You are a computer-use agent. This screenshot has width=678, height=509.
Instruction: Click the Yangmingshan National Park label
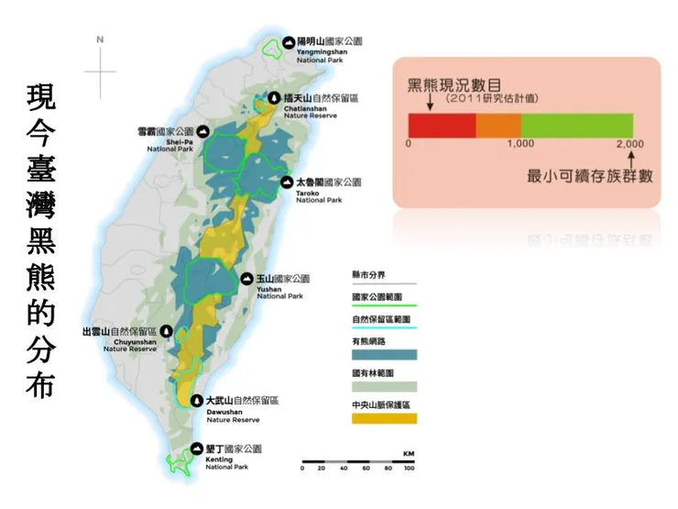(x=331, y=48)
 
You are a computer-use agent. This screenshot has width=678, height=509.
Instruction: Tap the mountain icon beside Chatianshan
(x=274, y=98)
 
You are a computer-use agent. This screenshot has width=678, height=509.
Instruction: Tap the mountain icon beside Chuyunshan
(x=166, y=331)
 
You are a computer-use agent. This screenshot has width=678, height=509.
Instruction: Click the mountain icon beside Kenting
(x=196, y=449)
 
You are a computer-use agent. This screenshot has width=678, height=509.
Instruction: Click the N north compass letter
(x=100, y=39)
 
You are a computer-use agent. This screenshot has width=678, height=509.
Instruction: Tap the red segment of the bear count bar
(x=442, y=124)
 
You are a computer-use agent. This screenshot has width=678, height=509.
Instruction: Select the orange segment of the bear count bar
(x=498, y=124)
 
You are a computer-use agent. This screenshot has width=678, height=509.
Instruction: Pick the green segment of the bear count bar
(x=576, y=124)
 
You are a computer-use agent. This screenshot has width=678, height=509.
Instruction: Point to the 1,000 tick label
(x=520, y=145)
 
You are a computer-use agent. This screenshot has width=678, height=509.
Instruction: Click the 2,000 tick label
(x=630, y=145)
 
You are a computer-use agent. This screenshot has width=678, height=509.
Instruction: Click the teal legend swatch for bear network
(x=384, y=354)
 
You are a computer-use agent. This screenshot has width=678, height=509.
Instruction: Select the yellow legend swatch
(x=384, y=418)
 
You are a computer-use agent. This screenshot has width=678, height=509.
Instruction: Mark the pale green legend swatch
(x=384, y=386)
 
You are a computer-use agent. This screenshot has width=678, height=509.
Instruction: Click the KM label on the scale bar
(x=409, y=455)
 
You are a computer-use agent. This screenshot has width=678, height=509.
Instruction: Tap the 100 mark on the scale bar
(x=408, y=469)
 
